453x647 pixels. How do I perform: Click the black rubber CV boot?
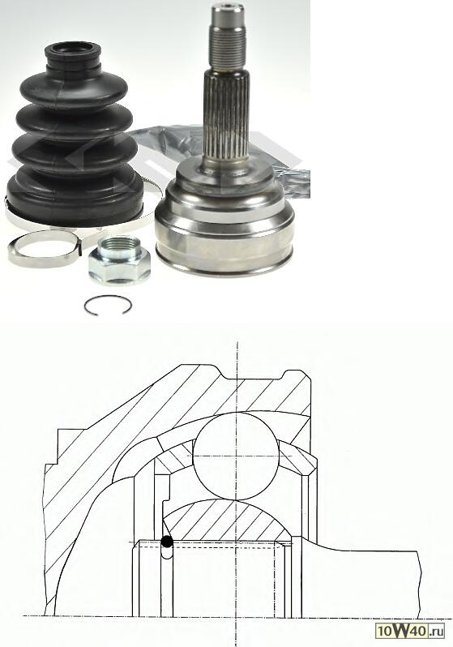tap(75, 136)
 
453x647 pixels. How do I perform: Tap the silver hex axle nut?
tap(119, 259)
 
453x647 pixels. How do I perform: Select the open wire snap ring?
tap(108, 306)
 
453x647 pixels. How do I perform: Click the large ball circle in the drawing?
tap(236, 456)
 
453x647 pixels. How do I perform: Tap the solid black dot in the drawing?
tap(167, 542)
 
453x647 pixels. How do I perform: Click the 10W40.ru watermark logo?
tap(410, 630)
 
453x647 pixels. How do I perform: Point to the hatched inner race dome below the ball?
tap(227, 521)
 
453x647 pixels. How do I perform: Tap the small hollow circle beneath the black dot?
tap(167, 552)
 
